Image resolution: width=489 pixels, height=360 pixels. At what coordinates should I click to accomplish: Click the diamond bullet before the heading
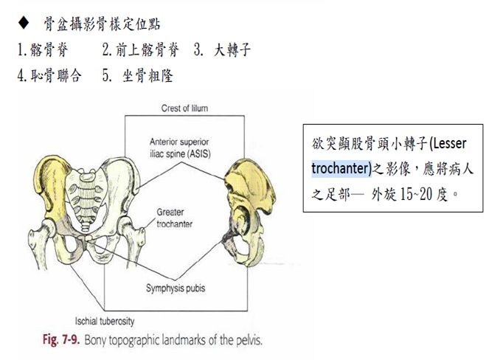pos(24,23)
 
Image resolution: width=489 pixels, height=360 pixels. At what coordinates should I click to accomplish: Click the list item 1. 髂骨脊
pos(43,49)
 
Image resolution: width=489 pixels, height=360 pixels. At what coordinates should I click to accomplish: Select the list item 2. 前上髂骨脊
pos(141,49)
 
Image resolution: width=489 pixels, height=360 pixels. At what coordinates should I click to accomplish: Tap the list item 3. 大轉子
pos(222,49)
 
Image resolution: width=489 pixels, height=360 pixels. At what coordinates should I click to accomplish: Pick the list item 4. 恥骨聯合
pos(49,75)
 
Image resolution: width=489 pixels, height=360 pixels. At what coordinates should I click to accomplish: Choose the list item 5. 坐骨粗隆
pos(137,75)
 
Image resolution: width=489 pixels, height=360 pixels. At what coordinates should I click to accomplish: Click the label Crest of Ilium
pos(184,108)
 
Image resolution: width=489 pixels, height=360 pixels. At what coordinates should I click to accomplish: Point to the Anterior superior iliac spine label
pos(180,148)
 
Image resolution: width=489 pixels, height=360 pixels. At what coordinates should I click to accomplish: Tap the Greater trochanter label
pos(174,218)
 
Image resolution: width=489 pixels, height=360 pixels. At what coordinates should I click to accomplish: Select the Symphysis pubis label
pos(176,288)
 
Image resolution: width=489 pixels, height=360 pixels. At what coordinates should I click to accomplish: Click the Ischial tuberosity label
pos(105,321)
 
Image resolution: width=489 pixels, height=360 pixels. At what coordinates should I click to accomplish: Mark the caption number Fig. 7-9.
pos(61,339)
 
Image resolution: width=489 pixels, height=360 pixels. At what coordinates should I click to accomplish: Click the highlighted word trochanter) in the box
pos(341,168)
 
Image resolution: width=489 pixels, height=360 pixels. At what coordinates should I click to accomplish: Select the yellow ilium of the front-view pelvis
pos(52,187)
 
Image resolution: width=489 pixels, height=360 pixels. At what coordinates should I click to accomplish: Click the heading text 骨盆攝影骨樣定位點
pos(102,24)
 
